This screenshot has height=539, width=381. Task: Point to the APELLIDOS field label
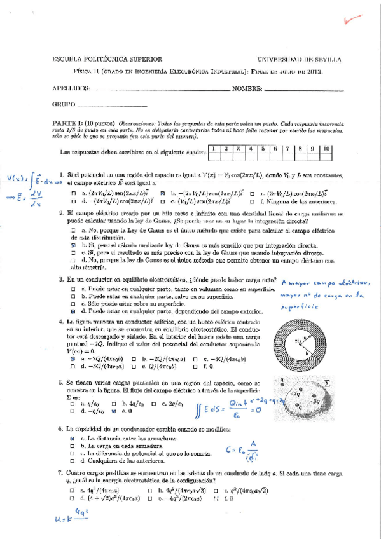[x=71, y=89]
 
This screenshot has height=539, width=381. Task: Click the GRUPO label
[x=64, y=104]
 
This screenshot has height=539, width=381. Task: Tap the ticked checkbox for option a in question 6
[x=74, y=439]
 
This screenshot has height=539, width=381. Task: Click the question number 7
[x=59, y=473]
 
